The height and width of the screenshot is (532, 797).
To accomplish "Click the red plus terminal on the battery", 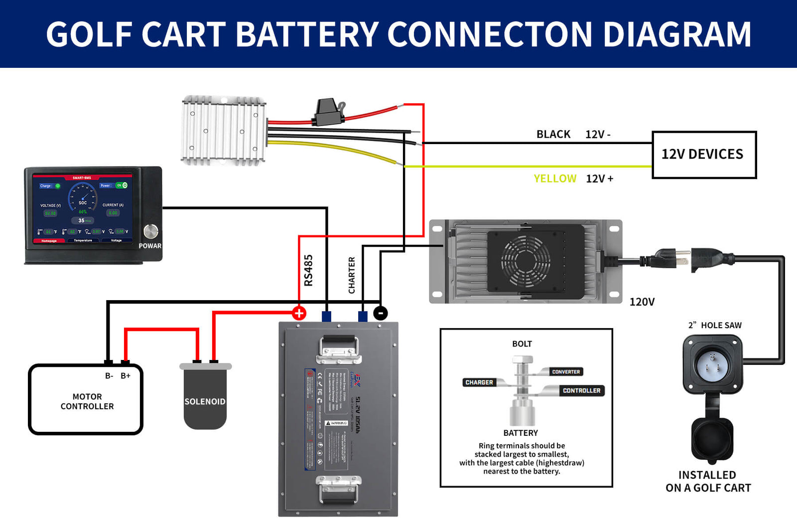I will tap(299, 313).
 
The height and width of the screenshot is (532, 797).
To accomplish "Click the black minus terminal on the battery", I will tap(381, 313).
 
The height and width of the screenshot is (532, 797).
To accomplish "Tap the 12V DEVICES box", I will tap(704, 155).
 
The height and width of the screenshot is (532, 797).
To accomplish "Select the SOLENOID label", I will tap(205, 401).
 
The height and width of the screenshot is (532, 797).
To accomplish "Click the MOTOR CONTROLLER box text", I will tap(87, 401).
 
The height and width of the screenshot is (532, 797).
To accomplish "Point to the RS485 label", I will tap(308, 270).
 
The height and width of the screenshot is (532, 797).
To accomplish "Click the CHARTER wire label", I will tap(352, 275).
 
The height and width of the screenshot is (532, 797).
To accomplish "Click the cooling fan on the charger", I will tap(526, 260).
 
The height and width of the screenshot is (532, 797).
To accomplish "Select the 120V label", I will tap(642, 302).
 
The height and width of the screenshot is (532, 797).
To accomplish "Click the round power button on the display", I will tap(151, 231).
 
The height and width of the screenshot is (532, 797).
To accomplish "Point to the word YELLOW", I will tap(555, 178).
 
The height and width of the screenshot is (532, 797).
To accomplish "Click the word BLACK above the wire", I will tap(553, 134).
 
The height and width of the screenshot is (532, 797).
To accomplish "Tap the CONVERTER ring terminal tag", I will tap(566, 371).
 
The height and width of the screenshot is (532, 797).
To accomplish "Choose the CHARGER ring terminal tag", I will tap(479, 382).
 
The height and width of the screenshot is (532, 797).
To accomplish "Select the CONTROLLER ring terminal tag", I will tap(581, 390).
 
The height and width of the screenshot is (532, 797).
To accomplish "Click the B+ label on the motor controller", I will tap(126, 375).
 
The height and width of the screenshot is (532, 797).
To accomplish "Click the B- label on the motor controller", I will tap(109, 375).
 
